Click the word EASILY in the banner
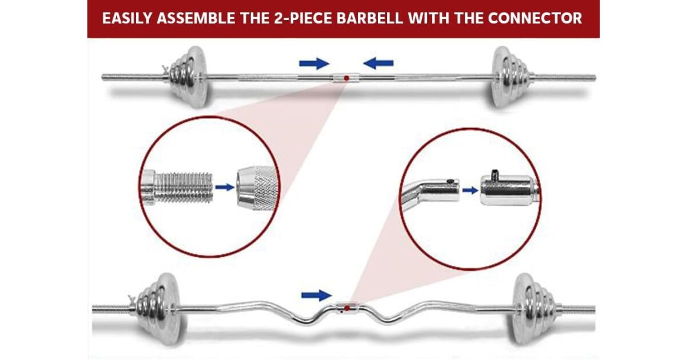[127, 18]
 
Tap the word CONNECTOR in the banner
[535, 18]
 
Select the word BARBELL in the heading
[370, 18]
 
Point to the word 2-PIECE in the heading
[303, 18]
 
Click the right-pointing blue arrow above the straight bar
[314, 63]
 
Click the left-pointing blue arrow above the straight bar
[378, 63]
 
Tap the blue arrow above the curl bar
[317, 295]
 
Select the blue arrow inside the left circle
[225, 187]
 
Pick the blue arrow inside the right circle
[470, 190]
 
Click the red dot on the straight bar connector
[346, 78]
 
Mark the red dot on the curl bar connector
[347, 308]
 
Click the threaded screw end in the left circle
[177, 187]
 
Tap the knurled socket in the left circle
[258, 187]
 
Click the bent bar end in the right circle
[430, 193]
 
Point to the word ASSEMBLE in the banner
[196, 18]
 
